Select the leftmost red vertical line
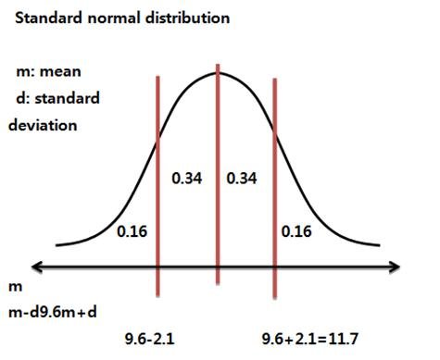click(157, 185)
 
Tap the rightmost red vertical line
click(274, 185)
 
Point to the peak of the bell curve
click(217, 72)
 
